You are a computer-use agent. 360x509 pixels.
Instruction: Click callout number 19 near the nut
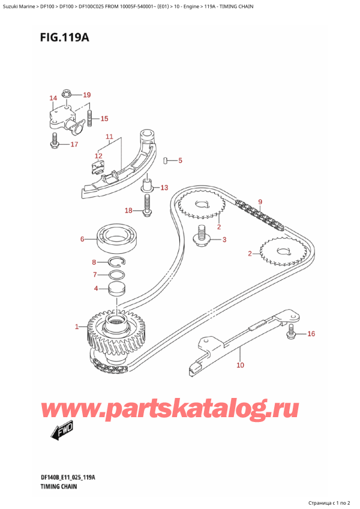(86, 95)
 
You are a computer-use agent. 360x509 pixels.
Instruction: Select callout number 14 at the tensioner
(53, 98)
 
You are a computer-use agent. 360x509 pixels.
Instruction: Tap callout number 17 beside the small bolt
(74, 145)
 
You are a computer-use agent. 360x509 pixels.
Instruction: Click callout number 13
(164, 188)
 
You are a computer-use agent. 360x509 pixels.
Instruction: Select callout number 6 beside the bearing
(82, 240)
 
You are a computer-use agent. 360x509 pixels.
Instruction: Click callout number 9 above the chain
(260, 202)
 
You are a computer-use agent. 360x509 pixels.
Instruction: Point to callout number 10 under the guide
(240, 365)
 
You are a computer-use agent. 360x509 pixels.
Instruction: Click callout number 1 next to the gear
(77, 327)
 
